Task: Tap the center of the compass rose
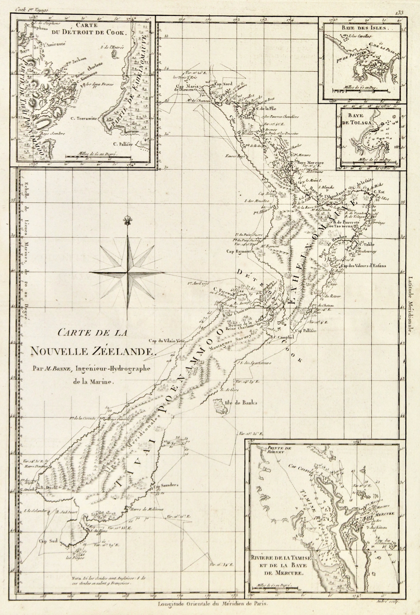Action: pos(127,272)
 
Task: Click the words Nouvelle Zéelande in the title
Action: pos(93,352)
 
